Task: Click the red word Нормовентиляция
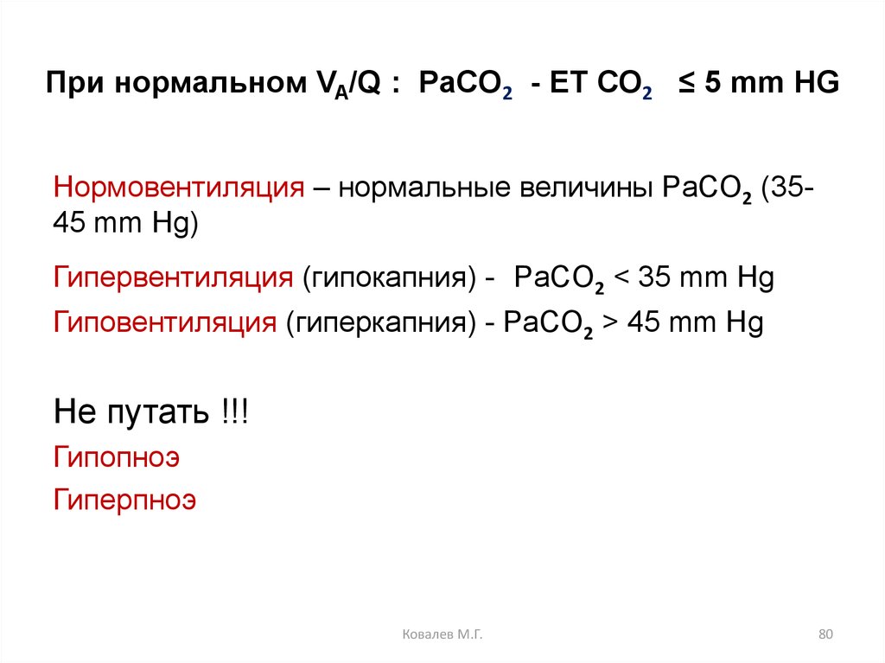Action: coord(178,188)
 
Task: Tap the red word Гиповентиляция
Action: coord(165,323)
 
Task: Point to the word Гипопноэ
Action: coord(117,457)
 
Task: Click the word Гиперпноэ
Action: coord(125,500)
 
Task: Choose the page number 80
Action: coord(825,635)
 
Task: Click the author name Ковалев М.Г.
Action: coord(442,635)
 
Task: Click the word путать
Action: coord(156,411)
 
